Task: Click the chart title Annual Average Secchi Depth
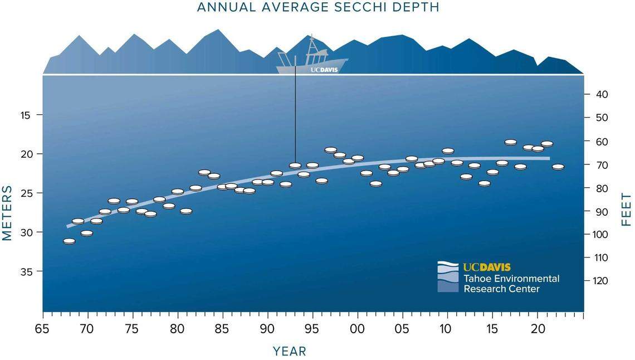click(317, 7)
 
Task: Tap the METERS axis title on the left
click(7, 213)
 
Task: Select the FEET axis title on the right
click(626, 210)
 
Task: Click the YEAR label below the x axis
click(289, 351)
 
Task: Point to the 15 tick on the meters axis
click(25, 115)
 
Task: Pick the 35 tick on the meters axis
click(25, 271)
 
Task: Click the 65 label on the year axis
click(42, 329)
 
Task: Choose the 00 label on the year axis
click(356, 329)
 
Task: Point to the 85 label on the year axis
click(222, 329)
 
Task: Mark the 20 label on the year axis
click(537, 329)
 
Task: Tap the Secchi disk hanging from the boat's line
click(295, 166)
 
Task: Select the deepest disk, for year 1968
click(69, 241)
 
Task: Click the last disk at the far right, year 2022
click(558, 167)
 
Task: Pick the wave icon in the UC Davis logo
click(448, 276)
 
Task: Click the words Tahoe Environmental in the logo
click(511, 279)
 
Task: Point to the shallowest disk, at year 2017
click(510, 142)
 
